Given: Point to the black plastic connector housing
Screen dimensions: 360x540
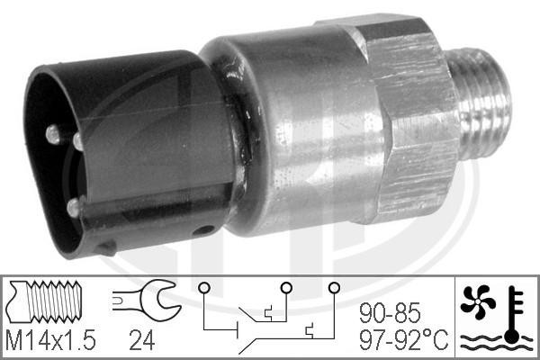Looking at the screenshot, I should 126,153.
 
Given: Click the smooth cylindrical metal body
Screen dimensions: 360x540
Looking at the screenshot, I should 297,135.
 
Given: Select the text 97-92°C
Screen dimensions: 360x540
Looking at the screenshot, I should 400,339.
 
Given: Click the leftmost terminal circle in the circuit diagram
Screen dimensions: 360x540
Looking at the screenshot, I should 205,287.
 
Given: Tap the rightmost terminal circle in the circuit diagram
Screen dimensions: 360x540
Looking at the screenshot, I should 334,287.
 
